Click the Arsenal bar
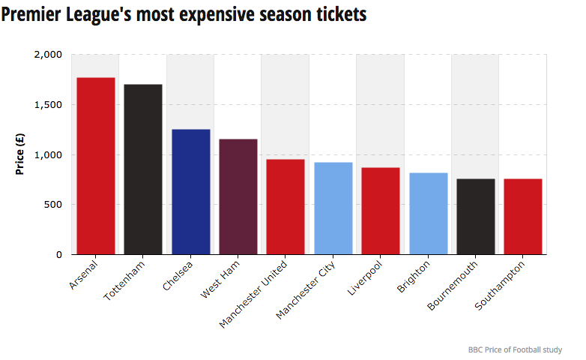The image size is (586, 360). tap(96, 166)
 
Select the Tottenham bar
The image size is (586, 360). tap(143, 169)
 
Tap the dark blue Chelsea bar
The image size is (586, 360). tap(190, 192)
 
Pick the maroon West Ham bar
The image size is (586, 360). tap(238, 196)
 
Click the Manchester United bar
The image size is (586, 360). tap(286, 207)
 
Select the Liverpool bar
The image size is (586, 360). tap(380, 211)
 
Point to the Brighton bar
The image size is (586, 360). tap(428, 214)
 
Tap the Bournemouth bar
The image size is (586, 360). tap(475, 217)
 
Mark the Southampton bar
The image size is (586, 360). tap(522, 217)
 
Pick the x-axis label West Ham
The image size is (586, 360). tap(221, 278)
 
